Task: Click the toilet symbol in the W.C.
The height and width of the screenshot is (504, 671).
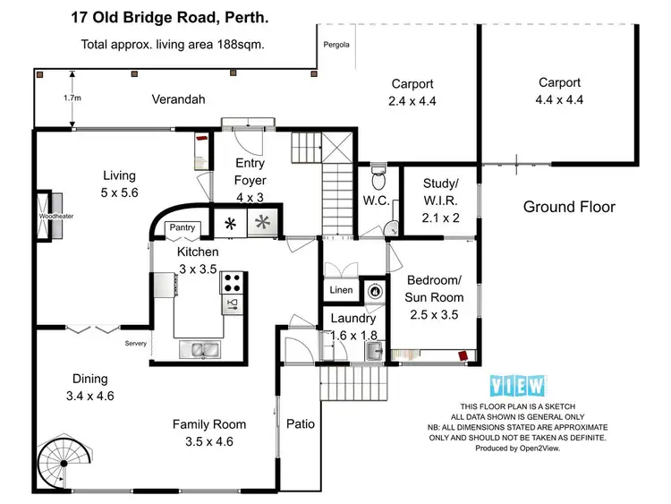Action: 378,170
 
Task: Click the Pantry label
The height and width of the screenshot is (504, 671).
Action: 182,228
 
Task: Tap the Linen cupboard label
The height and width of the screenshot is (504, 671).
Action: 340,290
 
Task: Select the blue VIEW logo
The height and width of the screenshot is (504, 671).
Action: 518,386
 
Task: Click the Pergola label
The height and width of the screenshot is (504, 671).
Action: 336,43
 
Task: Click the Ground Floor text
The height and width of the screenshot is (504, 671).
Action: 569,207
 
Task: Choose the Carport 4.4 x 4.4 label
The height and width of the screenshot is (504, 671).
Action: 560,91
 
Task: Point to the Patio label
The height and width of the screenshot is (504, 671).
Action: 300,423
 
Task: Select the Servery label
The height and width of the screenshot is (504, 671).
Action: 135,343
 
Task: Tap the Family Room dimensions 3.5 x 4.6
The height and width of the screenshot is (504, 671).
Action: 209,440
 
